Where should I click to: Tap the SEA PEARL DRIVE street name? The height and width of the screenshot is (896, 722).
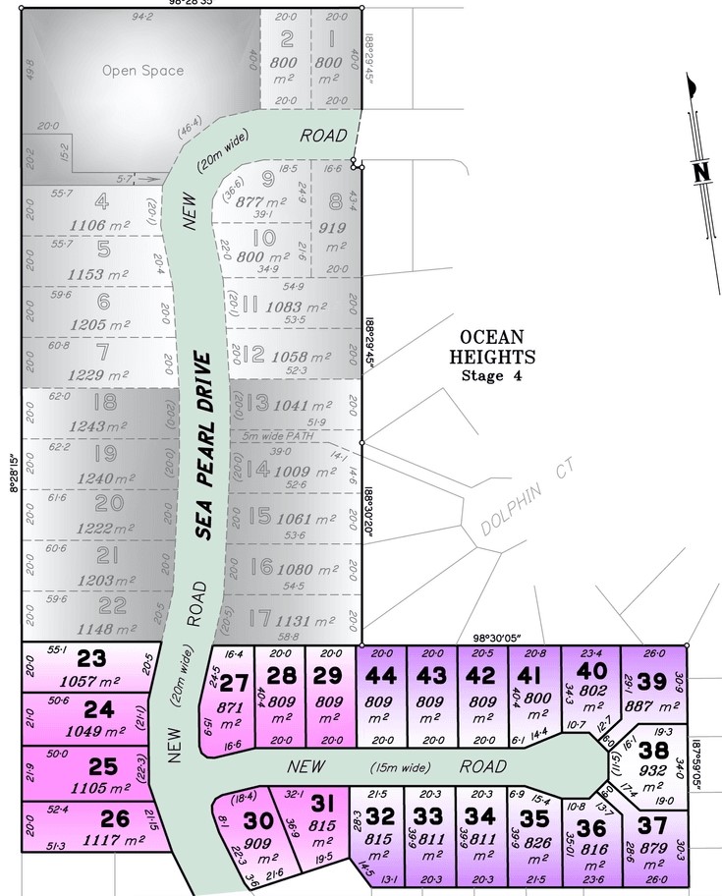tap(203, 445)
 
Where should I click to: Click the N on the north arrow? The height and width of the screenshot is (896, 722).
tap(700, 172)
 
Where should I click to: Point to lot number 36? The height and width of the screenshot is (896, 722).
tap(590, 828)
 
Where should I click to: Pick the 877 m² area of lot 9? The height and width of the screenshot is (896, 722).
tap(260, 201)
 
